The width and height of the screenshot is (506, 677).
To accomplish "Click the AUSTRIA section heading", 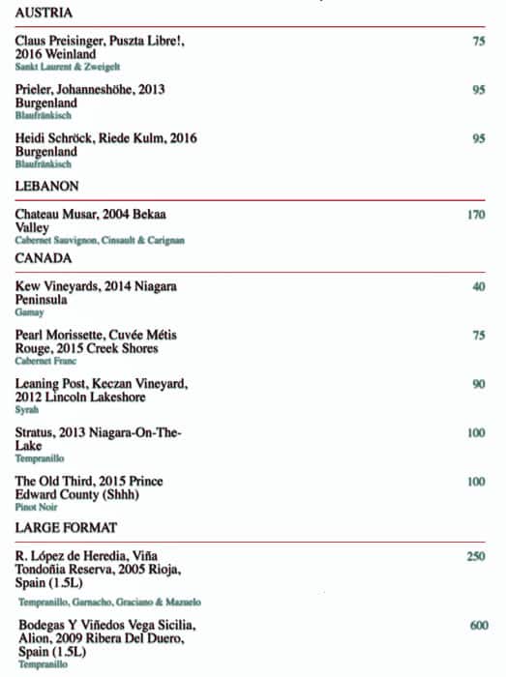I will [45, 13].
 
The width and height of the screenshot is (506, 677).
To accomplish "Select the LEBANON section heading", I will [47, 185].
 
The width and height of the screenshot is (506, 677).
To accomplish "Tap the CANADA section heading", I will [45, 259].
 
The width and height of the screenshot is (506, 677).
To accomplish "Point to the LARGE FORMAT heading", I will [67, 527].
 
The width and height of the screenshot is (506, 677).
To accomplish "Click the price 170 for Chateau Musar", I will [475, 214].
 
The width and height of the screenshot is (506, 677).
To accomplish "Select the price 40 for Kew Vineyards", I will [478, 287].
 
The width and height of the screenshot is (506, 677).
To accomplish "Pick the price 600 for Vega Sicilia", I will [478, 626].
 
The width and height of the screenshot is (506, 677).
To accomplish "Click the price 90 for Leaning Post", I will [478, 384].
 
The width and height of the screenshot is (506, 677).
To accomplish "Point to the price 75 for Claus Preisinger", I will [478, 42].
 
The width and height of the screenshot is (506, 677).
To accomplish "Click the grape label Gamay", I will [29, 313].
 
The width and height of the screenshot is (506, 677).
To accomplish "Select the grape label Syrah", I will [27, 410].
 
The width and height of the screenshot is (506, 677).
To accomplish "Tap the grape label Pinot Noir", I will [36, 507].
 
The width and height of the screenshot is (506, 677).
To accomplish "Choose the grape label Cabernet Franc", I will [45, 362].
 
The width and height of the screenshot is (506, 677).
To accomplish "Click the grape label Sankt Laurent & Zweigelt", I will [68, 67].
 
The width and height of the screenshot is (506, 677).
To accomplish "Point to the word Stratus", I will [37, 432].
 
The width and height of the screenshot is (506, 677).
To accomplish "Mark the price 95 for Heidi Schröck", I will [478, 138].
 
